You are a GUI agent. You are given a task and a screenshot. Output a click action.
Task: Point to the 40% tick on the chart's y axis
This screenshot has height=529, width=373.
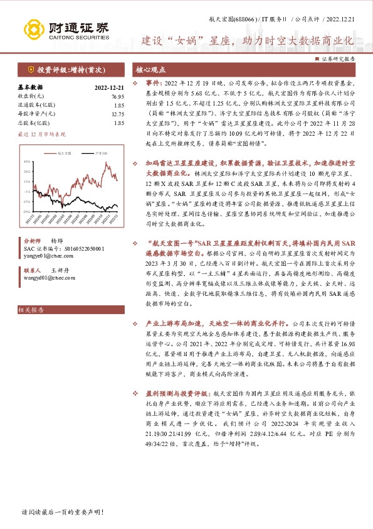(26, 161)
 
